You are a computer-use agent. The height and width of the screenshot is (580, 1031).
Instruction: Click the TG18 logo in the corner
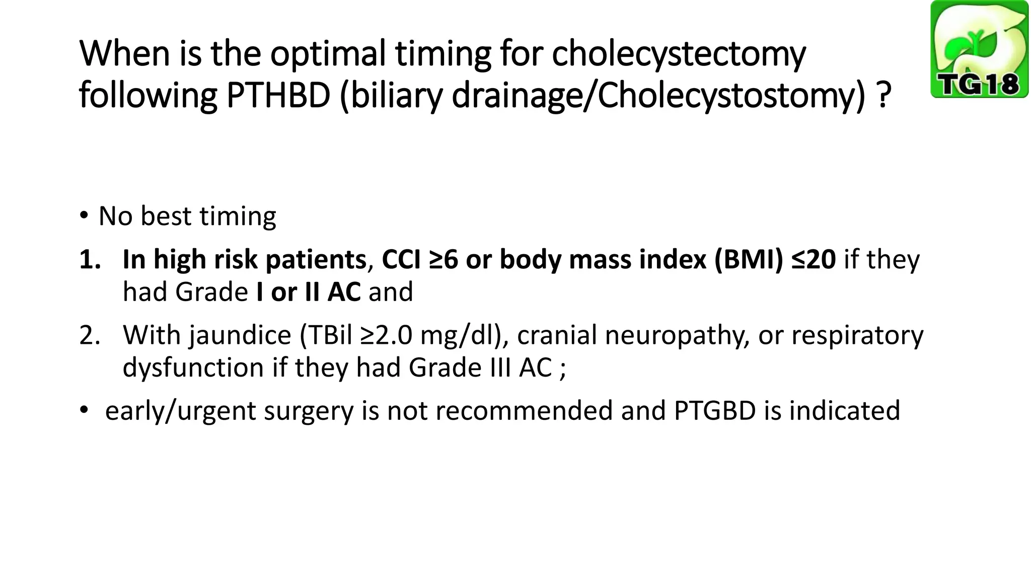pyautogui.click(x=979, y=49)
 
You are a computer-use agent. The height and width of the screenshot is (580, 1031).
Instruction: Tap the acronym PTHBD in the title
pyautogui.click(x=278, y=96)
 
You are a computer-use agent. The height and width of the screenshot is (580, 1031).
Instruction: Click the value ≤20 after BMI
pyautogui.click(x=813, y=260)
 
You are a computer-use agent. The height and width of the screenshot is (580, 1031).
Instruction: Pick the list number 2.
pyautogui.click(x=90, y=335)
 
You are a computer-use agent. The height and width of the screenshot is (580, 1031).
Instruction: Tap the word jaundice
pyautogui.click(x=240, y=335)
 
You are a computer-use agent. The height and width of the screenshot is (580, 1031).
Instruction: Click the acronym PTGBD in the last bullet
pyautogui.click(x=715, y=411)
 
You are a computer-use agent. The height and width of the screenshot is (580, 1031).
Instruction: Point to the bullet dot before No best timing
pyautogui.click(x=84, y=216)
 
